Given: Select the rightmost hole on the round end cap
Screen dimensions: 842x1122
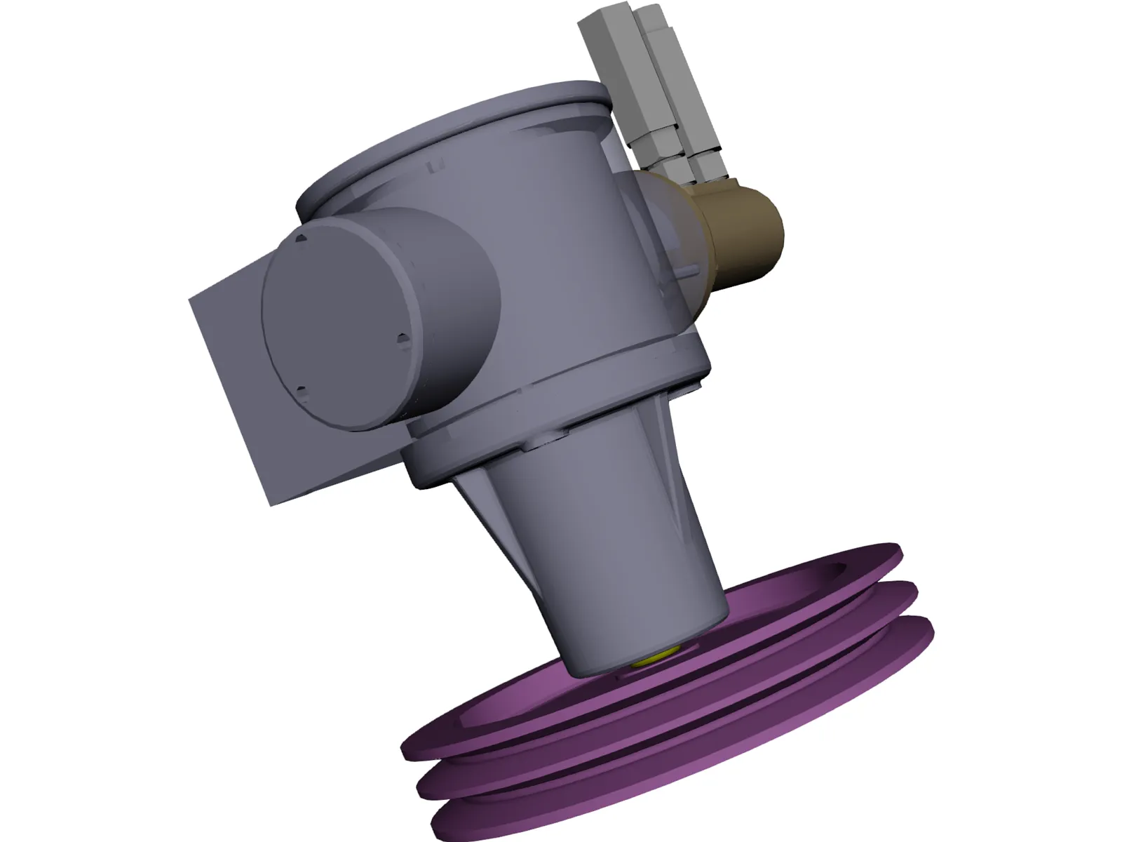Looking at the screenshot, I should tap(402, 340).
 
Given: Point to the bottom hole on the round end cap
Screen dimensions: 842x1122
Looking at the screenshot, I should tap(301, 390).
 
